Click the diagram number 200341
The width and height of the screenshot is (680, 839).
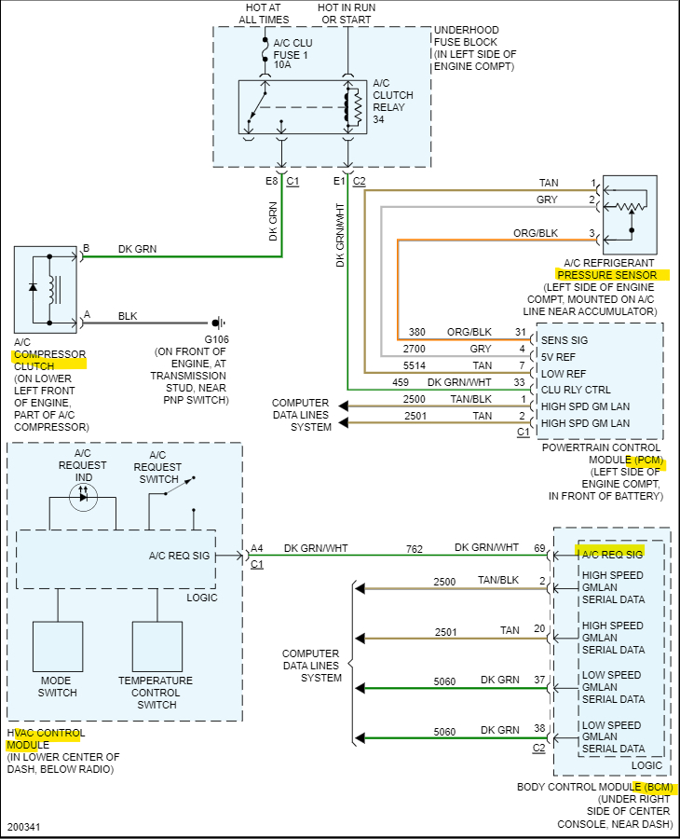(23, 826)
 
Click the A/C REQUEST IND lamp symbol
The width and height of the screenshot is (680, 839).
(83, 497)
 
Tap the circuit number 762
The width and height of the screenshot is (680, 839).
(415, 548)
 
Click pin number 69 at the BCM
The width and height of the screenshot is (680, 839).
(538, 548)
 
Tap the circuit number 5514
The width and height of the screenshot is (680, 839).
(415, 365)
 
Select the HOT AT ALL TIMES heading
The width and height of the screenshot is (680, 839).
(264, 13)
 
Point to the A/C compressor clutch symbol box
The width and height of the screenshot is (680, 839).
(46, 289)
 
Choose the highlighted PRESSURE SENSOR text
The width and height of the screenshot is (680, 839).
(612, 275)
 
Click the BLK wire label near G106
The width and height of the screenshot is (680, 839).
(128, 317)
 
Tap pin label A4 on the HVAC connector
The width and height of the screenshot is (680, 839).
(256, 548)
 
